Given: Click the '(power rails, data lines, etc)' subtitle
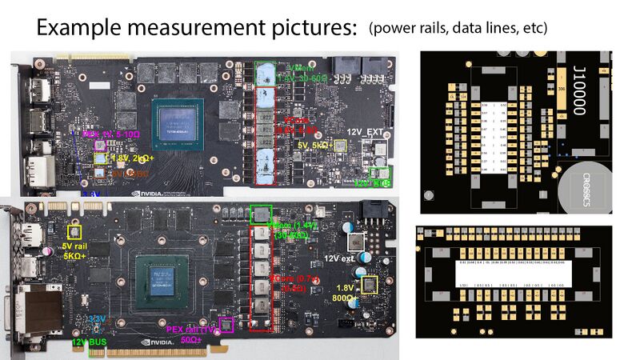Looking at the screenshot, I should click(x=458, y=29).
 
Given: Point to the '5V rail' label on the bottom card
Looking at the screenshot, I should click(x=74, y=246).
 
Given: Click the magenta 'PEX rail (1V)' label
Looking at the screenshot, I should click(x=192, y=330).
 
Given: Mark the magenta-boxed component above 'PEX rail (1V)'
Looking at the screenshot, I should click(x=226, y=325).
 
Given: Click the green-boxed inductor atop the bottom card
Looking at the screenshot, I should click(x=261, y=214).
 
